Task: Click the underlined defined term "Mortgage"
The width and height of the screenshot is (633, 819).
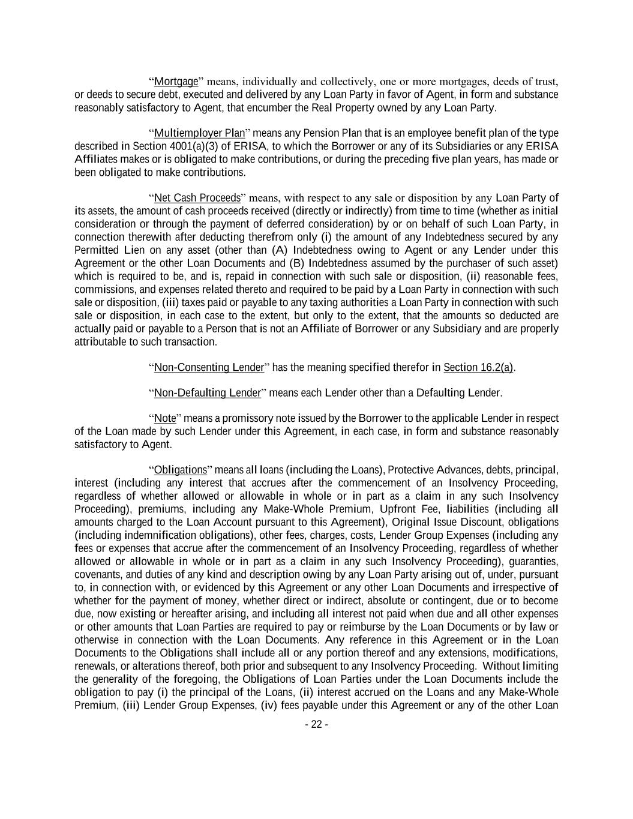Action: (176, 82)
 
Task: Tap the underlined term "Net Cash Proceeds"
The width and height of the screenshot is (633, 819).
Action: (197, 198)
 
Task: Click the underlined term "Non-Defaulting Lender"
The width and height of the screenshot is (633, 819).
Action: (208, 393)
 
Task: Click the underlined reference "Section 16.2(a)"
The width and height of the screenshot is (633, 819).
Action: (478, 367)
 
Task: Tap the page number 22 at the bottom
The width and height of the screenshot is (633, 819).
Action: (316, 725)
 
